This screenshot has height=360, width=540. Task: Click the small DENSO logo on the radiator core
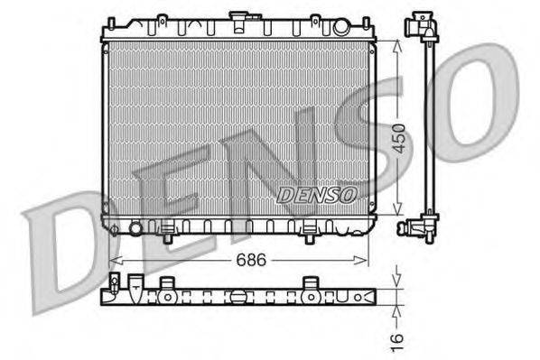[317, 193]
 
